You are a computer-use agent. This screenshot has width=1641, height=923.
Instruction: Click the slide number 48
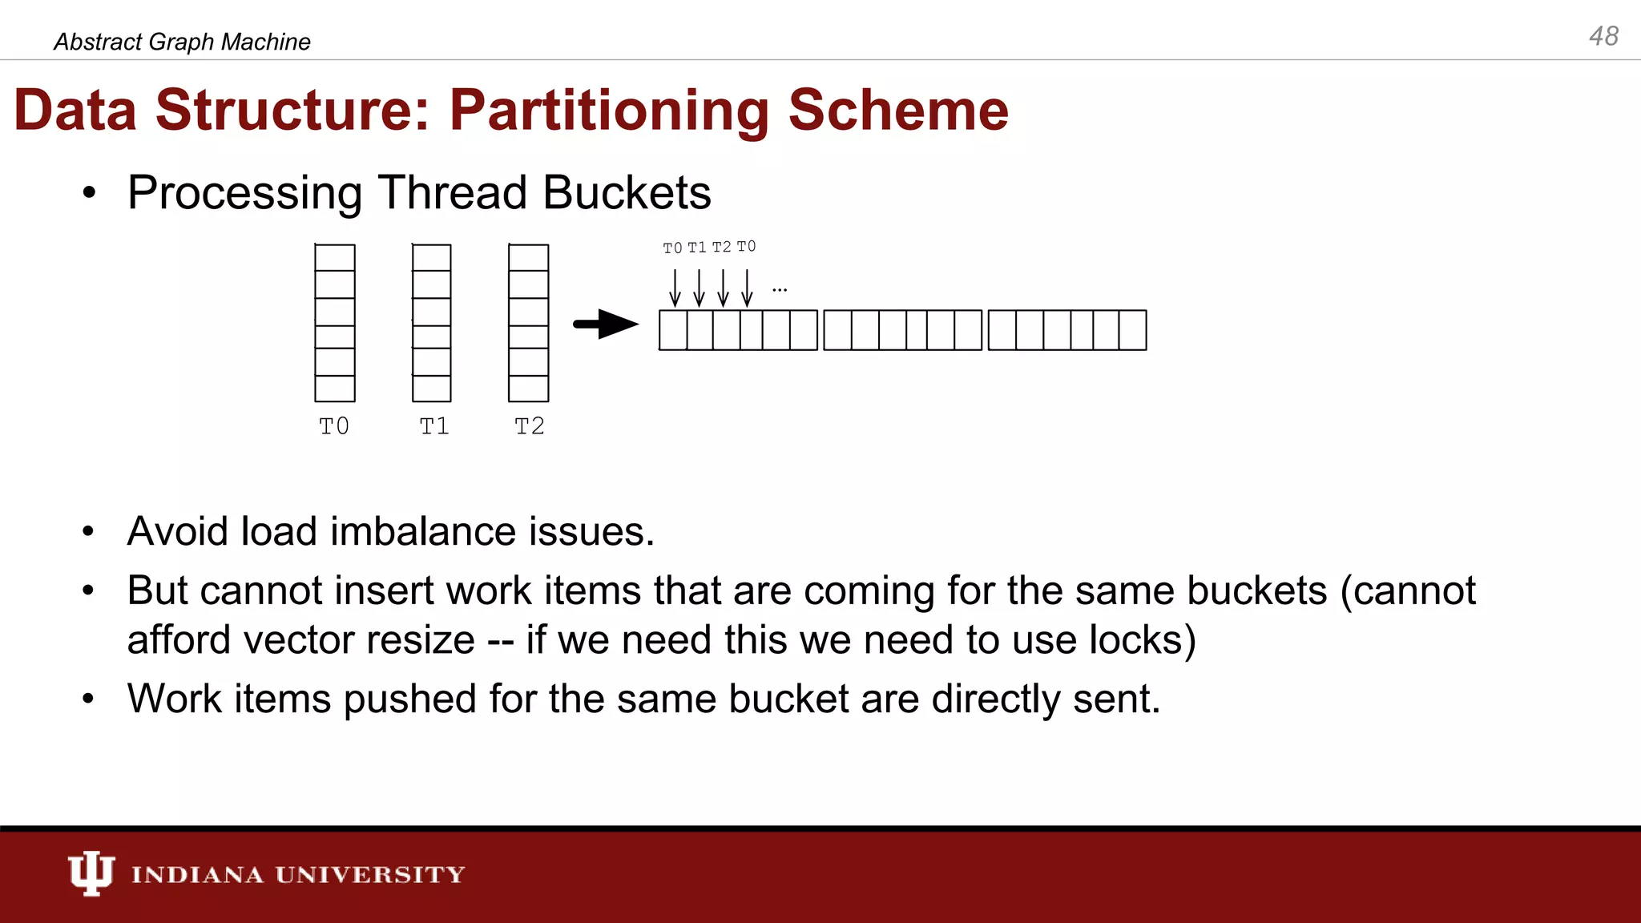(x=1603, y=36)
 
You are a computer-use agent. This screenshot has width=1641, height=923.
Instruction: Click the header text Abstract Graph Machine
(x=182, y=42)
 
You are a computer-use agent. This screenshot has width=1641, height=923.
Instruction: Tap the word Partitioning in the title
(x=609, y=111)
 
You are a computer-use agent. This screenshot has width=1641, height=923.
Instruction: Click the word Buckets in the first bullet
(x=627, y=193)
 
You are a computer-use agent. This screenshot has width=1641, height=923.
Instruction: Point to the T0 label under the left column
(x=334, y=425)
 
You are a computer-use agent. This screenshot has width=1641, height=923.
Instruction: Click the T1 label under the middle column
(x=434, y=425)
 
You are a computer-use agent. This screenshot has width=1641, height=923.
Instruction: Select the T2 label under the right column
(x=529, y=425)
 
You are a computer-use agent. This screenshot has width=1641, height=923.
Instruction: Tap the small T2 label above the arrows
(x=721, y=248)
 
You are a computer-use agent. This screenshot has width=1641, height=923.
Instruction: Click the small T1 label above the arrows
(x=697, y=248)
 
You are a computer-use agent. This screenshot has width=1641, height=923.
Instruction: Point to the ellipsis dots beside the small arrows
(x=780, y=289)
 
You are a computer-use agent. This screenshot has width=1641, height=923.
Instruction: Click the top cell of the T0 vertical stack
(x=335, y=258)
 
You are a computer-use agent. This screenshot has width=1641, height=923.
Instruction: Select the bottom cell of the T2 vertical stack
(x=529, y=389)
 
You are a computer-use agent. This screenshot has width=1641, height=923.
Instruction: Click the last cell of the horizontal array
(x=1132, y=330)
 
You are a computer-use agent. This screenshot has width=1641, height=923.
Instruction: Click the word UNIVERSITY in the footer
(x=370, y=874)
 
